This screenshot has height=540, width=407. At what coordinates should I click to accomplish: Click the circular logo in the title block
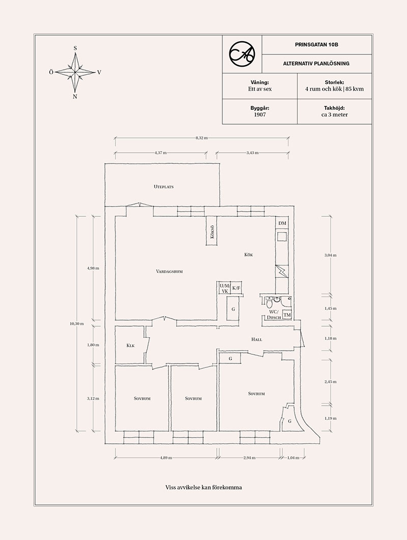tap(242, 54)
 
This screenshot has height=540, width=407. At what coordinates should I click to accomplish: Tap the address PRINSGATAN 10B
tap(316, 44)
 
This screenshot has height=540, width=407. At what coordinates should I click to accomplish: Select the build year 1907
tap(259, 115)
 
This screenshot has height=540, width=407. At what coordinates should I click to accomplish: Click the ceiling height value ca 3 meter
tap(334, 115)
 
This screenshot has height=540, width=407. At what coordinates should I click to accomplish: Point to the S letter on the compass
tap(75, 48)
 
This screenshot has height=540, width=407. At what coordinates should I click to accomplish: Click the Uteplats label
tap(163, 187)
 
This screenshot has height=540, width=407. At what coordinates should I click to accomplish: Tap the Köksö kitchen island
tap(212, 231)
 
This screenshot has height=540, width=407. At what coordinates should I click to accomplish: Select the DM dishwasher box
tap(282, 223)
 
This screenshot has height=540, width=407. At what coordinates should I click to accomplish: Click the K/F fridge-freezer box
tap(236, 288)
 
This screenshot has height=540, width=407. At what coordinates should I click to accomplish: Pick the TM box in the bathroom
tap(287, 315)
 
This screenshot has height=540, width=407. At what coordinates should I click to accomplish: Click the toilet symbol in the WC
tap(269, 303)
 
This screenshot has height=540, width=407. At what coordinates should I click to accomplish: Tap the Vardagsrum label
tap(169, 271)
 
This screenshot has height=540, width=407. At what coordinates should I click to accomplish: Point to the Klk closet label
tap(130, 346)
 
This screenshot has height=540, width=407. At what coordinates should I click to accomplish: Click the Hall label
tap(256, 339)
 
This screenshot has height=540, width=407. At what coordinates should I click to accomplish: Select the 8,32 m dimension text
tap(201, 138)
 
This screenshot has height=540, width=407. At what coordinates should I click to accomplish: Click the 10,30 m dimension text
tap(76, 323)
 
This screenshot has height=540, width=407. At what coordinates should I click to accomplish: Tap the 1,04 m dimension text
tap(293, 458)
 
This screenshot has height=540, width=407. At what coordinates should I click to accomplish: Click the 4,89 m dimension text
tap(166, 458)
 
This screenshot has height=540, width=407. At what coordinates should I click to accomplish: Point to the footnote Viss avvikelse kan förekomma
tap(203, 487)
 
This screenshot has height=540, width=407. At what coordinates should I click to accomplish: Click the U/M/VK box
tap(224, 288)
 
